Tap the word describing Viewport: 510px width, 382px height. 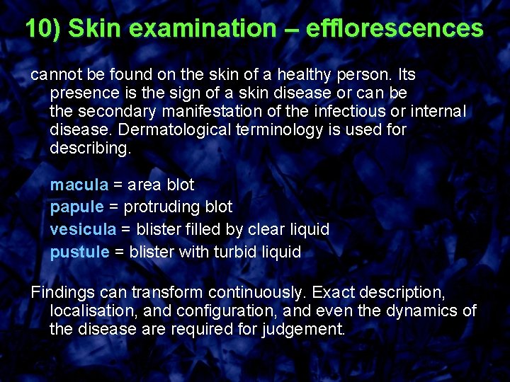(x=91, y=149)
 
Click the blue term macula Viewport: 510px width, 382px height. (x=79, y=185)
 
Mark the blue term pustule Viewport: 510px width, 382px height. (x=79, y=252)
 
